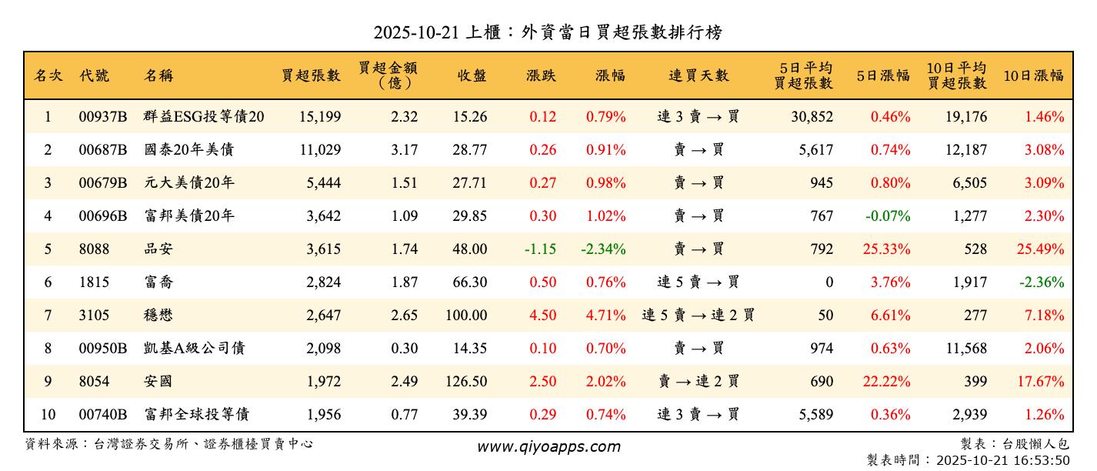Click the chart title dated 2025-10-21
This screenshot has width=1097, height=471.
coord(548,32)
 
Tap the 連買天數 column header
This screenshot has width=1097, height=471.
coord(699,75)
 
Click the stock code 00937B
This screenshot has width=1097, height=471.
coord(102,117)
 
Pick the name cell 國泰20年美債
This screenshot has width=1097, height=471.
coord(188,150)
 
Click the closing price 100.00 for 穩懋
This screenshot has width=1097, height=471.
coord(466,316)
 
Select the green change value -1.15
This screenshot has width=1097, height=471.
coord(540,249)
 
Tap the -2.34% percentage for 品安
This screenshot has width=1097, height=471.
coord(605,249)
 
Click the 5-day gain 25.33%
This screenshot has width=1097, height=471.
coord(890,249)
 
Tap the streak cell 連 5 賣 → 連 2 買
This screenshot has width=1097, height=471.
coord(699,316)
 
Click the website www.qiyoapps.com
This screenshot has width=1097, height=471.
coord(548,447)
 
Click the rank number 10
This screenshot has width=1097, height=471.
coord(48,415)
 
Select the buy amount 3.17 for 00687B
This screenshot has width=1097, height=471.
coord(404,150)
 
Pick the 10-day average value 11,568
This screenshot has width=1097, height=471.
coord(965,349)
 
